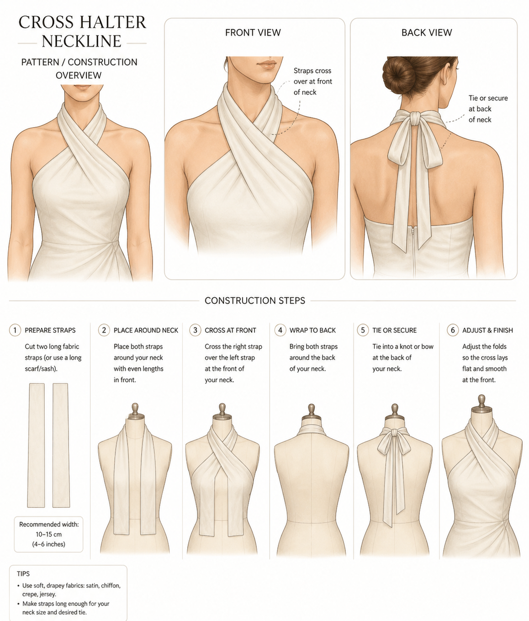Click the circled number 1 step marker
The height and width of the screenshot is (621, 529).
[x=15, y=330]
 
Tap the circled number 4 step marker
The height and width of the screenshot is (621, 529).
[x=280, y=330]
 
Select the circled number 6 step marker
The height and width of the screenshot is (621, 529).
[x=453, y=330]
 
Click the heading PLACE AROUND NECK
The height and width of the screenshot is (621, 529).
[x=146, y=330]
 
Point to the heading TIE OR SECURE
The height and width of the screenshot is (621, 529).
[x=394, y=330]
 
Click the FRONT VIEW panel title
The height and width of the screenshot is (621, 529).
[x=253, y=32]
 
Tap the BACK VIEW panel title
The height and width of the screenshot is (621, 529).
[x=427, y=32]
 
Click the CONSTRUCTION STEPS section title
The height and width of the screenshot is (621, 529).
[x=255, y=301]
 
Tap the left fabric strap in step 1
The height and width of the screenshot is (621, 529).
[x=37, y=445]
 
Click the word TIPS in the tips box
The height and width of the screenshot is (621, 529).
[x=23, y=574]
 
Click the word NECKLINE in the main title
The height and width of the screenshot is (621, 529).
[x=81, y=42]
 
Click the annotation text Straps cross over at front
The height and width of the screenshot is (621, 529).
[x=313, y=76]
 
